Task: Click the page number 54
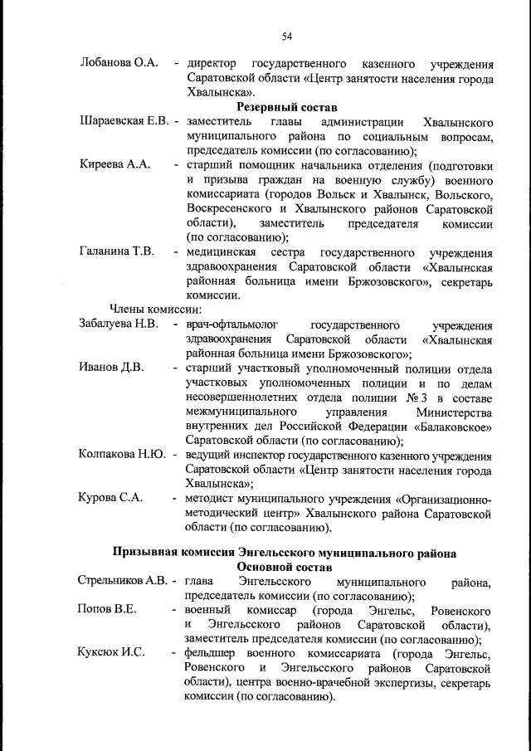(287, 37)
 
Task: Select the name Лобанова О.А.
(119, 64)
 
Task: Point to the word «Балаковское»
(451, 427)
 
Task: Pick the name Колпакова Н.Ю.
(123, 454)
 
